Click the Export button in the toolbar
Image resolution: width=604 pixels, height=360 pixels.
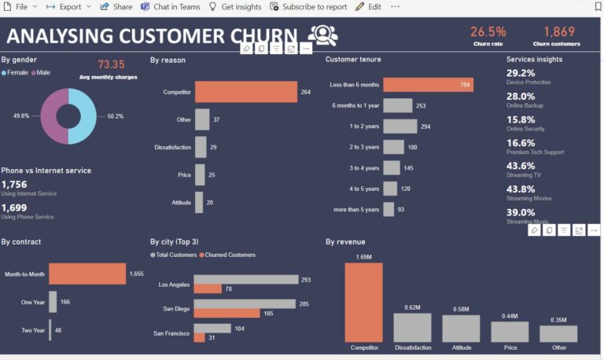tap(68, 6)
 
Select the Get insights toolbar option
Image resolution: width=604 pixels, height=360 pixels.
tap(234, 6)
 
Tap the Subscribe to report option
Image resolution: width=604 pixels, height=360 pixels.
tap(308, 6)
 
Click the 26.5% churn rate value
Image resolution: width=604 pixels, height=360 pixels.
tap(488, 31)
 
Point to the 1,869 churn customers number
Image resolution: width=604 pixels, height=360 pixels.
tap(558, 31)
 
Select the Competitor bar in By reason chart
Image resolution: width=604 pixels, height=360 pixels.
tap(245, 92)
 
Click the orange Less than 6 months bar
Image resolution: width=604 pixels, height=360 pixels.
tap(429, 84)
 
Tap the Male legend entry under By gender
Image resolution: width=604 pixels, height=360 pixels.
tap(41, 72)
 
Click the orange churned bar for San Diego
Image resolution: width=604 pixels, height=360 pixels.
tap(226, 313)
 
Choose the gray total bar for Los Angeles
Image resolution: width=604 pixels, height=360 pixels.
tap(246, 279)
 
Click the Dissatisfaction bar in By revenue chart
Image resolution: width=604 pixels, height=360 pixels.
tap(412, 328)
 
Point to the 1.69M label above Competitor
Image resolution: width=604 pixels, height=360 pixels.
tap(363, 256)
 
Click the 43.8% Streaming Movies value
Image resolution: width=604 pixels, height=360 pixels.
tap(521, 189)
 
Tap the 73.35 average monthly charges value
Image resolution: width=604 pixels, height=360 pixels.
tap(111, 64)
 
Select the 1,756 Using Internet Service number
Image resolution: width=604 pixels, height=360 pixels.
tap(14, 184)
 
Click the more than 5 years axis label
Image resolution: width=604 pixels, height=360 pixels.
tap(356, 209)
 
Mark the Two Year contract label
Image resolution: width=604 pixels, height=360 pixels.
tap(33, 330)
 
